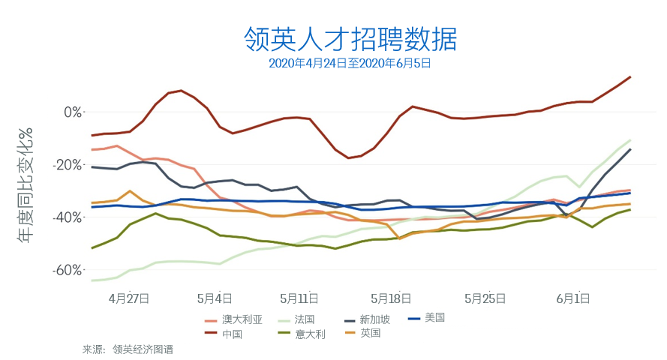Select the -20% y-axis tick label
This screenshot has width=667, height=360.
point(69,164)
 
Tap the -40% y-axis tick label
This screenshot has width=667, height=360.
point(69,217)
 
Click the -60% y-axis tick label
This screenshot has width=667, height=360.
point(69,269)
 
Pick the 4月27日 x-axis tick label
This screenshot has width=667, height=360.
point(128,298)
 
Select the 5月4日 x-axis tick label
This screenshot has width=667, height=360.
point(214,298)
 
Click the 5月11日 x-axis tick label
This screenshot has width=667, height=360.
point(299,298)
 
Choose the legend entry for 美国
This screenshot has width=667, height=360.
point(434,317)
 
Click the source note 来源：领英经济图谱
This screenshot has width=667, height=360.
point(128,349)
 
